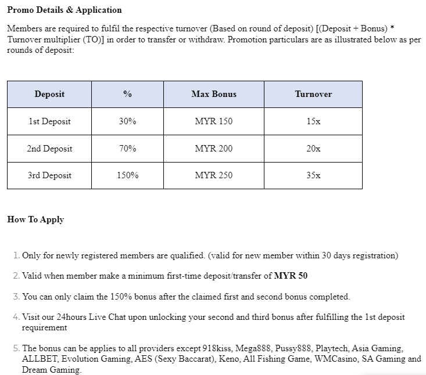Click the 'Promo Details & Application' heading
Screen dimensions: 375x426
(x=65, y=10)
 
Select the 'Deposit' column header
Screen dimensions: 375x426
(x=49, y=94)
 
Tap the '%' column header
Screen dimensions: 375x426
(x=127, y=94)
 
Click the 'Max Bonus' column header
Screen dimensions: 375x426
(x=214, y=94)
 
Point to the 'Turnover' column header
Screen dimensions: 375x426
(x=313, y=94)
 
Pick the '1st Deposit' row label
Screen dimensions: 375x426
(x=49, y=121)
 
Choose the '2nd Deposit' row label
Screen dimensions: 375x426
(x=49, y=149)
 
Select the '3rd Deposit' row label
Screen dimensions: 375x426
(x=49, y=175)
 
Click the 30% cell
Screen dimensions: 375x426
(x=127, y=121)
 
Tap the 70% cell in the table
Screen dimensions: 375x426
(x=127, y=149)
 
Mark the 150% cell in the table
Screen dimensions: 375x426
(x=127, y=175)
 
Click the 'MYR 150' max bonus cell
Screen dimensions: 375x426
(x=214, y=121)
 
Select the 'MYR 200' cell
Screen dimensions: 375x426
(x=214, y=149)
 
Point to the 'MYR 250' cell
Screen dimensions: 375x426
(x=214, y=175)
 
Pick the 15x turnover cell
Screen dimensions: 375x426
(x=313, y=121)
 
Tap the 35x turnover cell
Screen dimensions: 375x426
(x=313, y=175)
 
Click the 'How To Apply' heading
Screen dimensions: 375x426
(x=35, y=219)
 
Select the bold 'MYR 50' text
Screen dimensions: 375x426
(x=291, y=276)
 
